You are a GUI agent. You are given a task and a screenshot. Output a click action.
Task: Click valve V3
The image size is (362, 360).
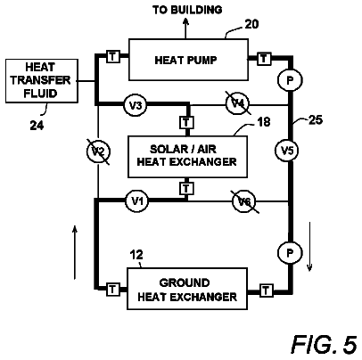tap(136, 105)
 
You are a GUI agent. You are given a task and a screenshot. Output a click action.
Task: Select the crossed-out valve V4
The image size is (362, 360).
tap(238, 103)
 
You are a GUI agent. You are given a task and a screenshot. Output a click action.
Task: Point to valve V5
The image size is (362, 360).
tap(287, 151)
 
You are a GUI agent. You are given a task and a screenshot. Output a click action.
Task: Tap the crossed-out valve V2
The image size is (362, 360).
tap(98, 151)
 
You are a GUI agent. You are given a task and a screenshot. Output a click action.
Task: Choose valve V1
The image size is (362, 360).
tap(137, 201)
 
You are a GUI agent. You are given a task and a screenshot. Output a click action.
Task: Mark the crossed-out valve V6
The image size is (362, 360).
tap(244, 201)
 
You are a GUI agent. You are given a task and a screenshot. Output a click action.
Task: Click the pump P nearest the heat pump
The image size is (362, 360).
tap(290, 80)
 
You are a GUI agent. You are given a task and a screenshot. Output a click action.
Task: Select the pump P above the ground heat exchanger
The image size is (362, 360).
tap(290, 253)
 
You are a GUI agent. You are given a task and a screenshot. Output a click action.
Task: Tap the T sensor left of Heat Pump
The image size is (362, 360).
tap(113, 56)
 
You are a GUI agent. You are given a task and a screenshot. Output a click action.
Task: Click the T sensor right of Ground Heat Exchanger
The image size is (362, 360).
tap(267, 290)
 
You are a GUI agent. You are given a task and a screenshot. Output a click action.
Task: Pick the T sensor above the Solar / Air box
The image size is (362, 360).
tap(186, 122)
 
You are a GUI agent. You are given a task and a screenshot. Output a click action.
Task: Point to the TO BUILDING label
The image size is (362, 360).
tap(187, 10)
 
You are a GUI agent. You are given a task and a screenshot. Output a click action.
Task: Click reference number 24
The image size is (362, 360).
tap(37, 126)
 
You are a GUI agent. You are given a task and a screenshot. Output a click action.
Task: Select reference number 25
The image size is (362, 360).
tap(316, 120)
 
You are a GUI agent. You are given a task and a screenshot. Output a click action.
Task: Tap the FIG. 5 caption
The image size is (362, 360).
tap(324, 345)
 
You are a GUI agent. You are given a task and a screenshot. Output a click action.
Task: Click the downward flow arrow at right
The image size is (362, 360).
tap(309, 246)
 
